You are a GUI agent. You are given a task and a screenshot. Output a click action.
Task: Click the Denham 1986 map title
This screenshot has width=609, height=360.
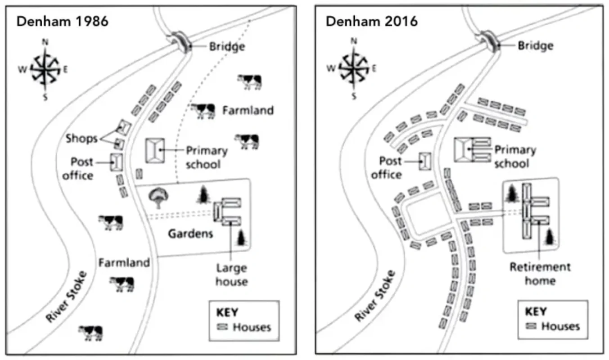coord(62,22)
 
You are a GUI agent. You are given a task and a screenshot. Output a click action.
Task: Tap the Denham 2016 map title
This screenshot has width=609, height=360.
coord(371,21)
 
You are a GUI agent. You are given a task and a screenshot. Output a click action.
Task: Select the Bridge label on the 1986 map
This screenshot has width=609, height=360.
coord(227,46)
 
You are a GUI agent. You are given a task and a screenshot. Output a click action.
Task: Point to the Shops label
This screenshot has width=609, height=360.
coord(81,138)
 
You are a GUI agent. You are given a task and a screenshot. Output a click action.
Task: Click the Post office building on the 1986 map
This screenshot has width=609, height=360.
coord(117,162)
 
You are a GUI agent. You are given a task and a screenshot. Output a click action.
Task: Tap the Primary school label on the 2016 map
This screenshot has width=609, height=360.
coord(515,156)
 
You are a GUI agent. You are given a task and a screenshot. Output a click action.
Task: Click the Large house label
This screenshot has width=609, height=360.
coord(231,274)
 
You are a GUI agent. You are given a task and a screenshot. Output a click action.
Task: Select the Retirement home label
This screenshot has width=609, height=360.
coord(540,274)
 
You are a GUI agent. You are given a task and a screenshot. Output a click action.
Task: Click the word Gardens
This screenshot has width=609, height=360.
coord(190,234)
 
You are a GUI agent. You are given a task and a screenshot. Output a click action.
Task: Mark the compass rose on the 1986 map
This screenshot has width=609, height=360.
coord(45,69)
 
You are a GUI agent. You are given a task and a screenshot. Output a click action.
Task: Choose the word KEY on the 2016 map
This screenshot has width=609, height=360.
coord(535,311)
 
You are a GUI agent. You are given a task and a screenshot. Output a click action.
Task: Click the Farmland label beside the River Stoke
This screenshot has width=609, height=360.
coord(124,262)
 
